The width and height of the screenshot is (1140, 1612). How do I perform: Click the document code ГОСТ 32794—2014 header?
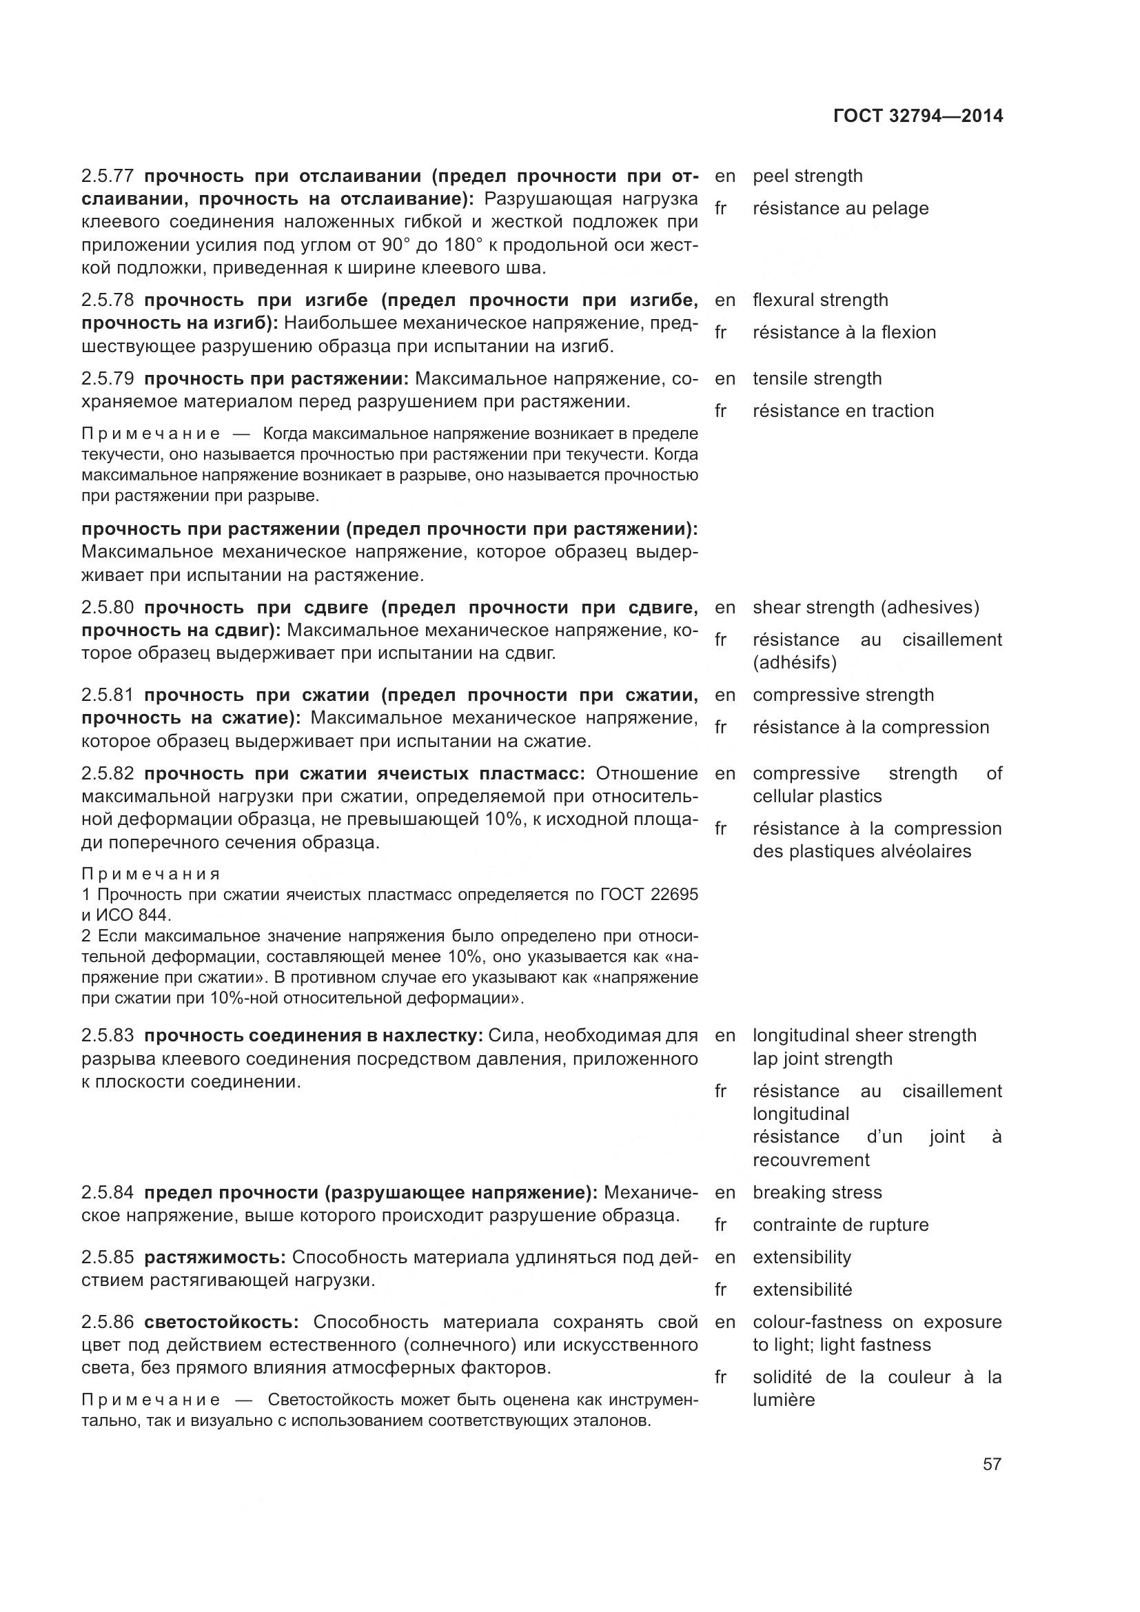point(917,116)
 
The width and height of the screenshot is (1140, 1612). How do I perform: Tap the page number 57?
point(992,1464)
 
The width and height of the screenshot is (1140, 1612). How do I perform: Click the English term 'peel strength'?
point(807,176)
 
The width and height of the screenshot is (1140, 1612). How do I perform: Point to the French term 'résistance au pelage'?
point(840,209)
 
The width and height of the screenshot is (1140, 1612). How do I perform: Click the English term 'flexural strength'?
point(820,300)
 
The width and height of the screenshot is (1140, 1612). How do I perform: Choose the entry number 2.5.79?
point(108,379)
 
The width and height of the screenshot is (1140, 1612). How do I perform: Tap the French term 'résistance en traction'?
point(843,411)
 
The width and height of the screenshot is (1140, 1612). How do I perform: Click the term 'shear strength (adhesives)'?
point(866,607)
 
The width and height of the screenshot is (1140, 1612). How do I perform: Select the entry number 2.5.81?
point(108,695)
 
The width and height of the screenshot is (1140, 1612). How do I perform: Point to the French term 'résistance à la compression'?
point(871,727)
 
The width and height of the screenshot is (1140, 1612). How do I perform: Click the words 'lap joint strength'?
point(822,1059)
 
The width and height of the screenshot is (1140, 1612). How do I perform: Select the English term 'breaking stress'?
point(817,1193)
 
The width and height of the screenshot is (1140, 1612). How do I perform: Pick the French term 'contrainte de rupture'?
point(840,1225)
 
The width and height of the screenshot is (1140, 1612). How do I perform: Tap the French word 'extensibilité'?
point(802,1289)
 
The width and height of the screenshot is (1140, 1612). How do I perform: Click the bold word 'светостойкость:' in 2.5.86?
point(222,1322)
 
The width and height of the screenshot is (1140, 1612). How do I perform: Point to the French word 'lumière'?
point(784,1400)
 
